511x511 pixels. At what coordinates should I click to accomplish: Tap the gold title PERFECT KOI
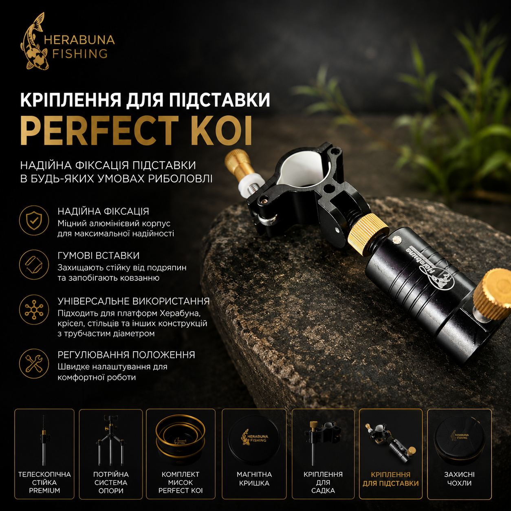point(136,130)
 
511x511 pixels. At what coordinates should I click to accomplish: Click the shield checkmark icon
point(34,220)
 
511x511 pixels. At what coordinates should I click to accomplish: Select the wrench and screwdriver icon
point(34,364)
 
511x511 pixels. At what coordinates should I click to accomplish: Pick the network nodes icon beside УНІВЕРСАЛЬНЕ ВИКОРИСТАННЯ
point(34,309)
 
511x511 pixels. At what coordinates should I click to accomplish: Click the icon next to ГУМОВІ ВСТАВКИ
point(34,264)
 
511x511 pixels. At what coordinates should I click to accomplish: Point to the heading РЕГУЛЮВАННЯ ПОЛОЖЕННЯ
point(126,355)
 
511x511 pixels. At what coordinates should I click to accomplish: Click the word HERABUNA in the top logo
point(79,40)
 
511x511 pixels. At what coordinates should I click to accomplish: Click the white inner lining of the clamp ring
point(302,167)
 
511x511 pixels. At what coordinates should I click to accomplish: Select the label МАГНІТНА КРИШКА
point(254,479)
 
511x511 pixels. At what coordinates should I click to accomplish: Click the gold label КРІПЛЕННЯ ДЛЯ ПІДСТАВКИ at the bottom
point(391,479)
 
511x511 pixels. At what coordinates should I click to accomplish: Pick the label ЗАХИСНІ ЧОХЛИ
point(459,479)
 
